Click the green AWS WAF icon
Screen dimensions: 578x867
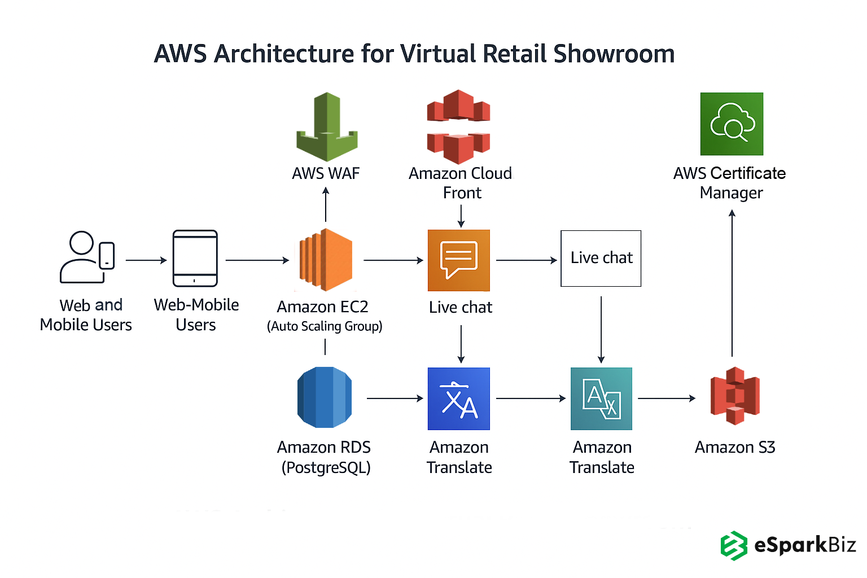pyautogui.click(x=327, y=127)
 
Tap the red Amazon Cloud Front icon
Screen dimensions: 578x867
pyautogui.click(x=458, y=126)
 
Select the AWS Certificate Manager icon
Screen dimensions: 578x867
pyautogui.click(x=732, y=124)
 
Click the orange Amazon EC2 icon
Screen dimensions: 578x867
pyautogui.click(x=326, y=260)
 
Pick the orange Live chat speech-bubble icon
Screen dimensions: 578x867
pyautogui.click(x=459, y=260)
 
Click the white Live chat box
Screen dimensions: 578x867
pyautogui.click(x=601, y=259)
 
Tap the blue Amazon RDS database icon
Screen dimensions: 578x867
pyautogui.click(x=325, y=397)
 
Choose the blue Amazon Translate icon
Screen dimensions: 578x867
pyautogui.click(x=459, y=399)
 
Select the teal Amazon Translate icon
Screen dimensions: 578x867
pyautogui.click(x=601, y=399)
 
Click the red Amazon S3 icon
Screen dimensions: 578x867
pyautogui.click(x=734, y=396)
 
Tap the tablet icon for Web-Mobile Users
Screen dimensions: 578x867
pyautogui.click(x=195, y=258)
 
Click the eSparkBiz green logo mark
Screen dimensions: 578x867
pyautogui.click(x=733, y=546)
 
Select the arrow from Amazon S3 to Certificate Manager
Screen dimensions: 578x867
pyautogui.click(x=732, y=282)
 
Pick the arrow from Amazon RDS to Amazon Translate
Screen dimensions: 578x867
pyautogui.click(x=395, y=399)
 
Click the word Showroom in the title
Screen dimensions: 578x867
pyautogui.click(x=614, y=54)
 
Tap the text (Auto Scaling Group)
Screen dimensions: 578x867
pyautogui.click(x=325, y=326)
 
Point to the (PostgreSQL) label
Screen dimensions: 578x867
pyautogui.click(x=326, y=467)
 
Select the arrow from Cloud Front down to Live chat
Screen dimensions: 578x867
pyautogui.click(x=461, y=216)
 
